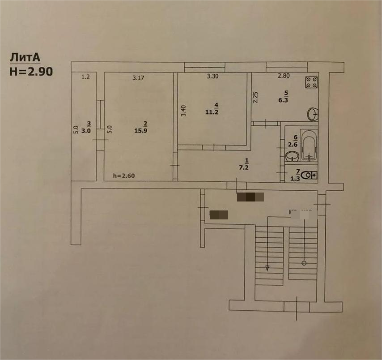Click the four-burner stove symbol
point(311,82)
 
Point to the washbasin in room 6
point(292,156)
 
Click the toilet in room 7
point(308,176)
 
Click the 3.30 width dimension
point(212,76)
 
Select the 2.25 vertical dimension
point(255,97)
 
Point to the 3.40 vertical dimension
point(183,111)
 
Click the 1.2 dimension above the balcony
point(85,77)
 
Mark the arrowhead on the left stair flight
point(267,268)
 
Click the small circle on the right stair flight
point(304,263)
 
